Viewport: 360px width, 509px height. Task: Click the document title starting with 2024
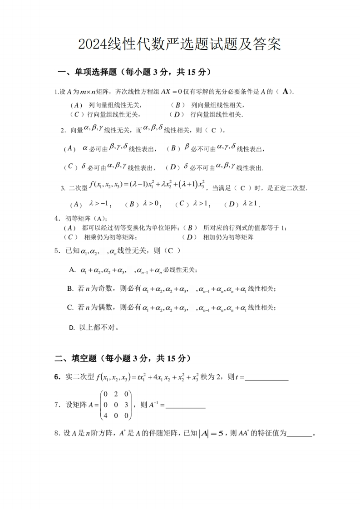[x=180, y=44]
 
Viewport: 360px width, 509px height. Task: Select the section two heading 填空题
[x=120, y=358]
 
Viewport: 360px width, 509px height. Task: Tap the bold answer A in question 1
[x=286, y=92]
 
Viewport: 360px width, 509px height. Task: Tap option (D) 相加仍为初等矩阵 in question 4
[x=218, y=237]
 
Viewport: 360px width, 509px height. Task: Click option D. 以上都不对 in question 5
[x=93, y=327]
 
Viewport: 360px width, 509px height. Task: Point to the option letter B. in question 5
[x=70, y=289]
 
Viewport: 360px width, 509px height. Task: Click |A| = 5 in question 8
[x=212, y=433]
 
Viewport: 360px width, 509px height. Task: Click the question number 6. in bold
[x=58, y=377]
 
